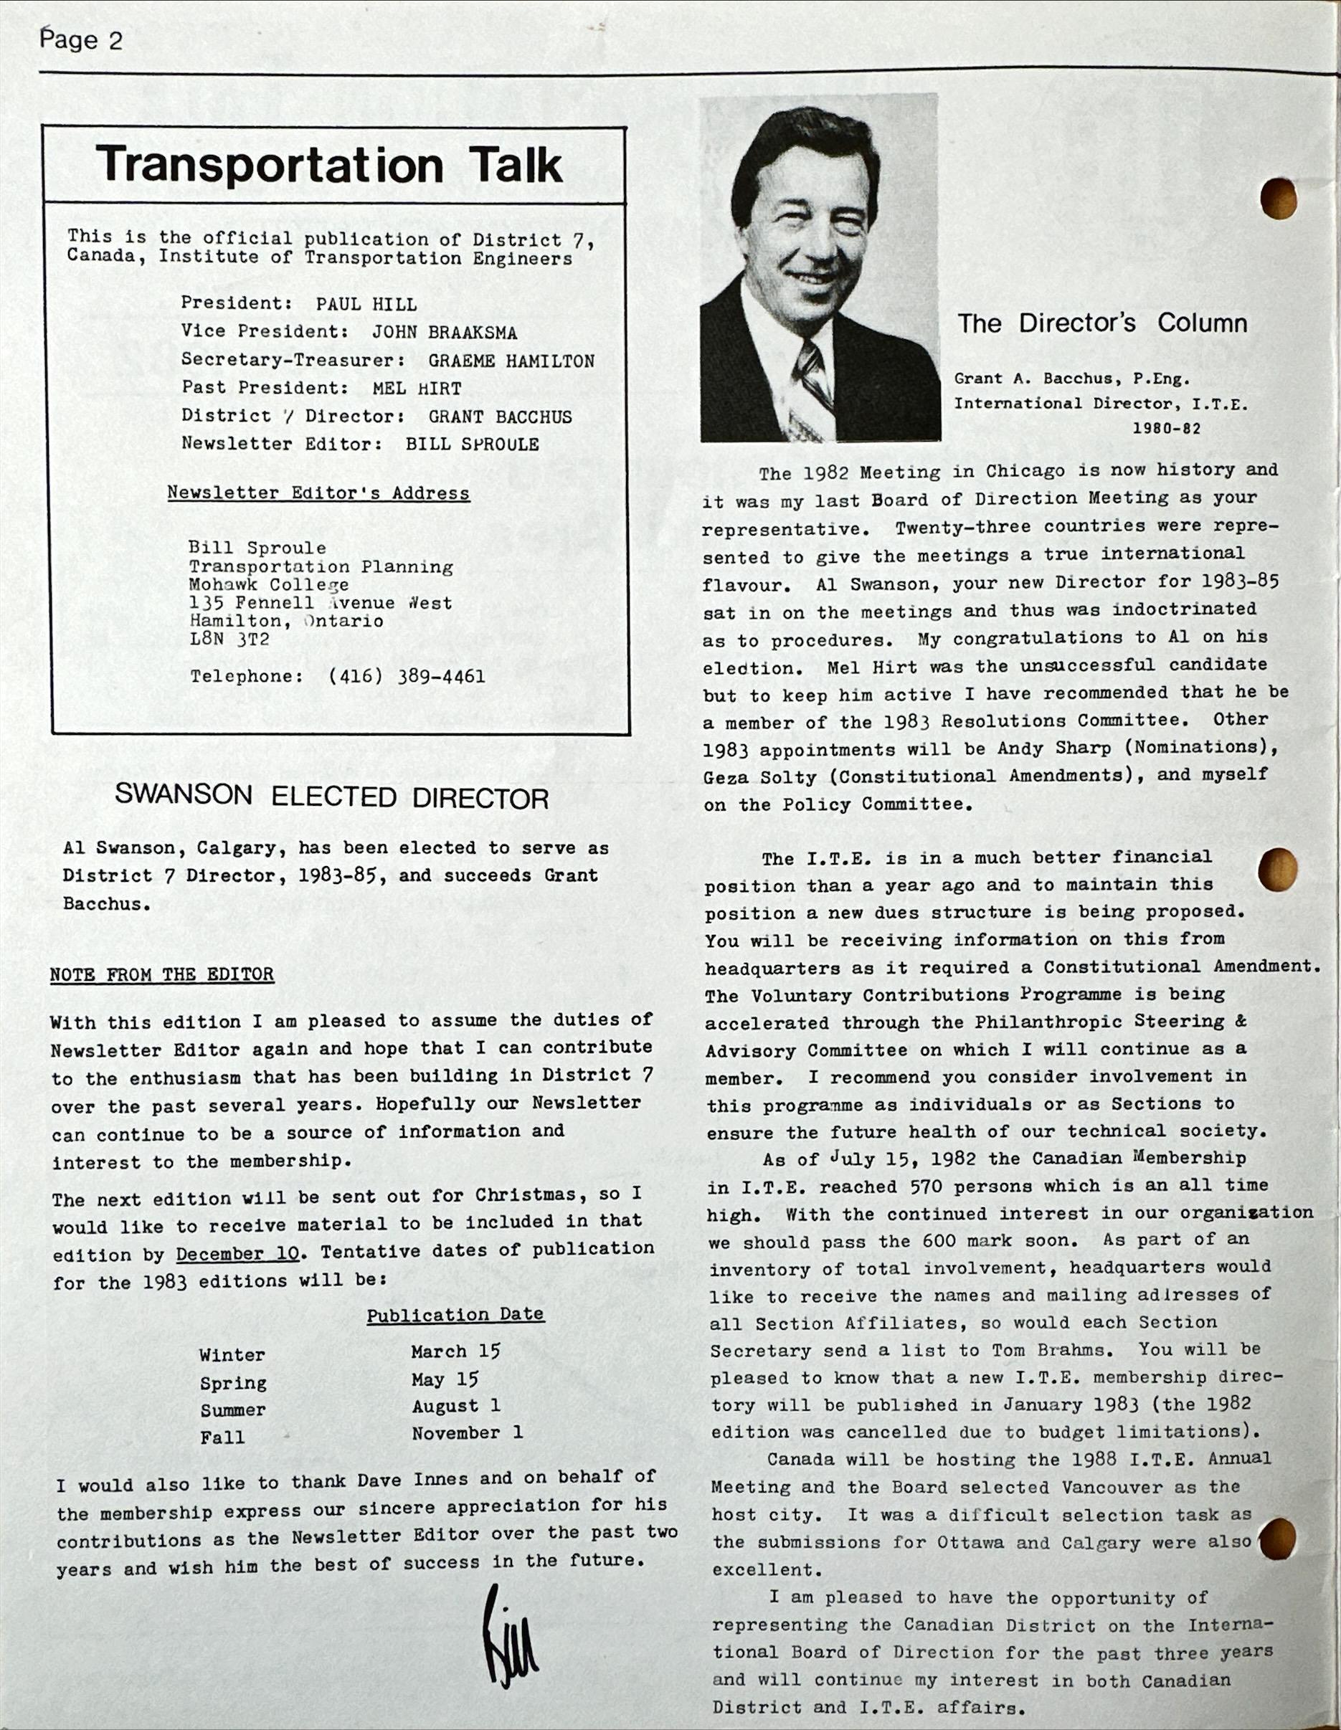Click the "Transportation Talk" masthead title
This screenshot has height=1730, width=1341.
pos(331,166)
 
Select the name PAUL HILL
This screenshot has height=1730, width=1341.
pos(366,304)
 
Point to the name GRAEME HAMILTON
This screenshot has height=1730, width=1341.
pos(511,361)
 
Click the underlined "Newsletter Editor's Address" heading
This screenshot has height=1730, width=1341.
pos(318,493)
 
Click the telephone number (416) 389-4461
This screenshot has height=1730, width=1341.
pos(407,677)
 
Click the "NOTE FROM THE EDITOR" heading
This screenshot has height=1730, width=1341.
pos(161,974)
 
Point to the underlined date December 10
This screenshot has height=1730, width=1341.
pos(238,1254)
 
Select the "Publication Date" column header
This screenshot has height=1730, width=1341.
pos(455,1315)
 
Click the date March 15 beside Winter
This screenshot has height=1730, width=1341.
pos(455,1351)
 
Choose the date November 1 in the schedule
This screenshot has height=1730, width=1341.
pos(467,1433)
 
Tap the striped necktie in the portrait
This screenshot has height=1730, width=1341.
pos(812,380)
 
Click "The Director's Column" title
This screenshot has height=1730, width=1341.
pos(1103,323)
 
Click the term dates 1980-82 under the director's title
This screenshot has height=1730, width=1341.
pos(1167,429)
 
